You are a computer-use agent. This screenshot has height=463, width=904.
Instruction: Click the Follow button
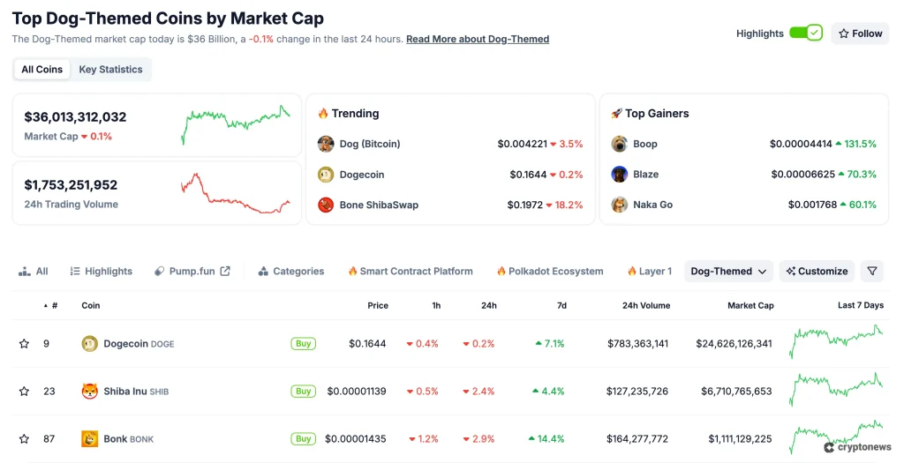[860, 34]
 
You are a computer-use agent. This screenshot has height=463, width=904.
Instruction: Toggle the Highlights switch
[805, 34]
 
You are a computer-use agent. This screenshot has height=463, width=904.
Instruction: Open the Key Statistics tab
[110, 70]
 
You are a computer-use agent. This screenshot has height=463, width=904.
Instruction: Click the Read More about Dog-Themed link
[478, 40]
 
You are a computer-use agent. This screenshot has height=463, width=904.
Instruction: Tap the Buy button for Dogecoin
[303, 344]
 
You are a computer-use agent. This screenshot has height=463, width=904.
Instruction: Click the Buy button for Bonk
[303, 438]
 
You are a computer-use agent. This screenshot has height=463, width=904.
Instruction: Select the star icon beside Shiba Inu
[24, 392]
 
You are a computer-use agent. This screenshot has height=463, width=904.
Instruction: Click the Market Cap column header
[750, 306]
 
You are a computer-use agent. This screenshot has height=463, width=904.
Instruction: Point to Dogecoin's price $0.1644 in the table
[367, 344]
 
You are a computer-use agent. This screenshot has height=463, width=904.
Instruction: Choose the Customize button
[817, 272]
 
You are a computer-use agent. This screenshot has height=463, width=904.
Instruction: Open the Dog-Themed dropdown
[728, 272]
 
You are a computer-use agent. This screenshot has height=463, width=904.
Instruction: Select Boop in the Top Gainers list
[645, 144]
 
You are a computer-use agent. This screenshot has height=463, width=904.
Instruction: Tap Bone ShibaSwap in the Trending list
[379, 205]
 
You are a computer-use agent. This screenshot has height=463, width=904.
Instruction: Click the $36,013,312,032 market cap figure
[75, 117]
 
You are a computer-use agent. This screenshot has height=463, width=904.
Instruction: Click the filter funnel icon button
[871, 272]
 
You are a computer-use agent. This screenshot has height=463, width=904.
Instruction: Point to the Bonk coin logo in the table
[89, 438]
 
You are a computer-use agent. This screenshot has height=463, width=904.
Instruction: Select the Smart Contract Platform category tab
[411, 272]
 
